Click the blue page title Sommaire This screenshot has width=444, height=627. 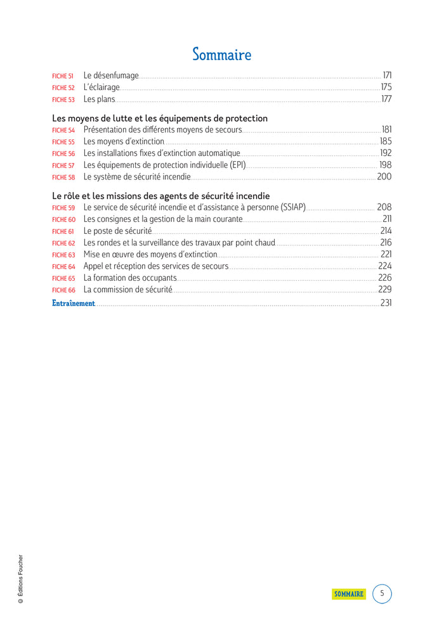click(222, 55)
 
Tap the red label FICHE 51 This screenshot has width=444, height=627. click(63, 76)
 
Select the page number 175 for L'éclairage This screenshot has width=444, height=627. click(386, 87)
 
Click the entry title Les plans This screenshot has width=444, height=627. click(100, 100)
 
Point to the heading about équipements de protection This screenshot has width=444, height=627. click(160, 119)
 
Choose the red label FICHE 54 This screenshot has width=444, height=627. click(63, 131)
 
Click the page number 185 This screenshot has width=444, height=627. click(386, 142)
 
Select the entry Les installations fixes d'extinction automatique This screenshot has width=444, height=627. click(162, 153)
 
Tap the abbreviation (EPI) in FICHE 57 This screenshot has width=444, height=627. click(236, 165)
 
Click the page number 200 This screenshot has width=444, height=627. click(384, 177)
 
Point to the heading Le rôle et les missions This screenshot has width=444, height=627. click(160, 196)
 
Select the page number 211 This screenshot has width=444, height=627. click(387, 219)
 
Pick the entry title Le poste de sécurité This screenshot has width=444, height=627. click(118, 231)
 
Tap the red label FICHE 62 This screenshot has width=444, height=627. click(63, 243)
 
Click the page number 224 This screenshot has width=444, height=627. click(385, 266)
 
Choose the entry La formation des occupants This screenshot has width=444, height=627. click(130, 278)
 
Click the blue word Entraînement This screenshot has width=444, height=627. click(73, 303)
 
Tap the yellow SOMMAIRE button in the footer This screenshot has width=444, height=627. click(349, 594)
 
